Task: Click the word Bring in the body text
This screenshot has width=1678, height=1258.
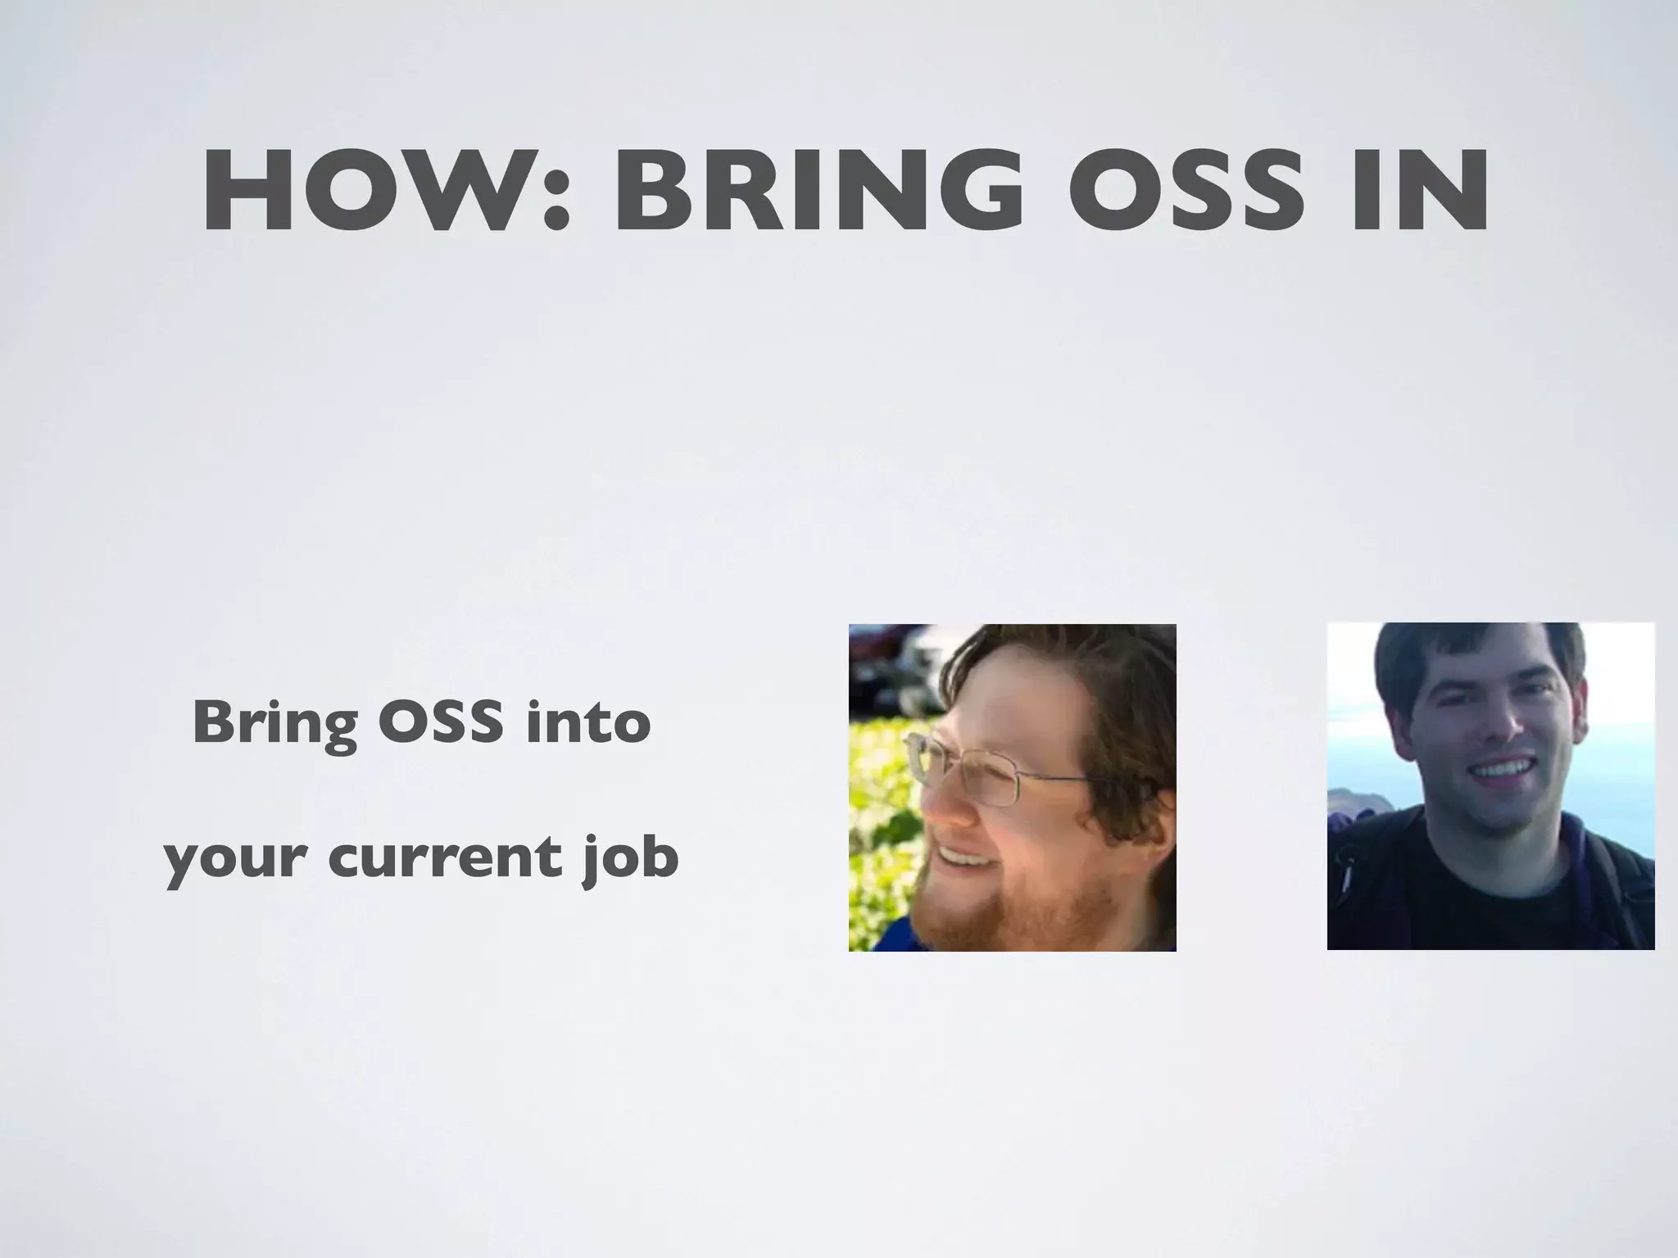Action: click(274, 725)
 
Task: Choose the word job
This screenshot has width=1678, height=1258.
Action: click(631, 858)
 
